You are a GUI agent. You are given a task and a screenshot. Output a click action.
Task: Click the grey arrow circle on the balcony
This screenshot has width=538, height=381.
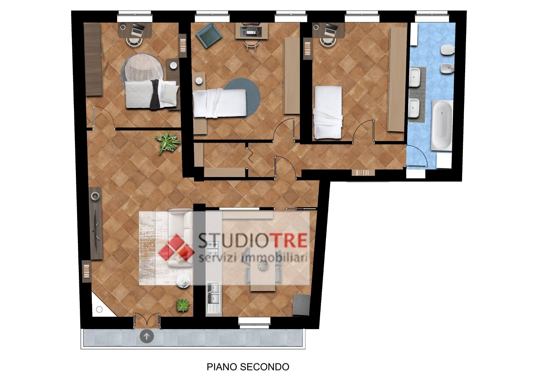coord(147,336)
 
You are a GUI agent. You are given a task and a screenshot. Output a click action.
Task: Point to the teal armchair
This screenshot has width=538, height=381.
coord(208,35)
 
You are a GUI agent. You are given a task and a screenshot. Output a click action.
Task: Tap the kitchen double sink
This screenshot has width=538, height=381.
coord(214,297)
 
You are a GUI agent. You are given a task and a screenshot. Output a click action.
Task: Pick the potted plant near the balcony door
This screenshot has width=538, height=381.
coord(184,305)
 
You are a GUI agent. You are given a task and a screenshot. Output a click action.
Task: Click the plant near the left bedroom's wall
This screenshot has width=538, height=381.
coord(168,142)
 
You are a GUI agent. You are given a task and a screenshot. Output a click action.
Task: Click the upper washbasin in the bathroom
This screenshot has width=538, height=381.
coord(414,77)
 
